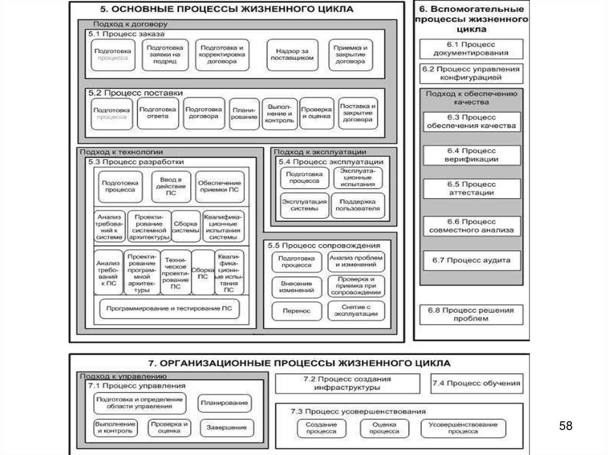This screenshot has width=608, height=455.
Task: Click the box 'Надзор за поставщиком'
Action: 290,55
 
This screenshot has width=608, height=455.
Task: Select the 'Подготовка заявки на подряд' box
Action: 165,55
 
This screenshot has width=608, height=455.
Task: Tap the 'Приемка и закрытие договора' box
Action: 350,55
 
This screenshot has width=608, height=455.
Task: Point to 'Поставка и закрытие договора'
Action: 358,113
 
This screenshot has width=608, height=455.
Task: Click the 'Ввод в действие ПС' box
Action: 171,186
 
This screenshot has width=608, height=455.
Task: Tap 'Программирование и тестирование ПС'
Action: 169,309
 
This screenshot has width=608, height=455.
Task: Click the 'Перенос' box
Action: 297,310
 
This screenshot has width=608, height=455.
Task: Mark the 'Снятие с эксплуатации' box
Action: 356,310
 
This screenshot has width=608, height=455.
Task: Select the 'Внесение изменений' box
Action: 297,287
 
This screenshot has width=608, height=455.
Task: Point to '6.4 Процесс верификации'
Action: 471,155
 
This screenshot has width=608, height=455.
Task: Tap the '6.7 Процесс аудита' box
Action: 471,260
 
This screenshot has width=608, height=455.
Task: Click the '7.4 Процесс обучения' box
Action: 477,384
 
